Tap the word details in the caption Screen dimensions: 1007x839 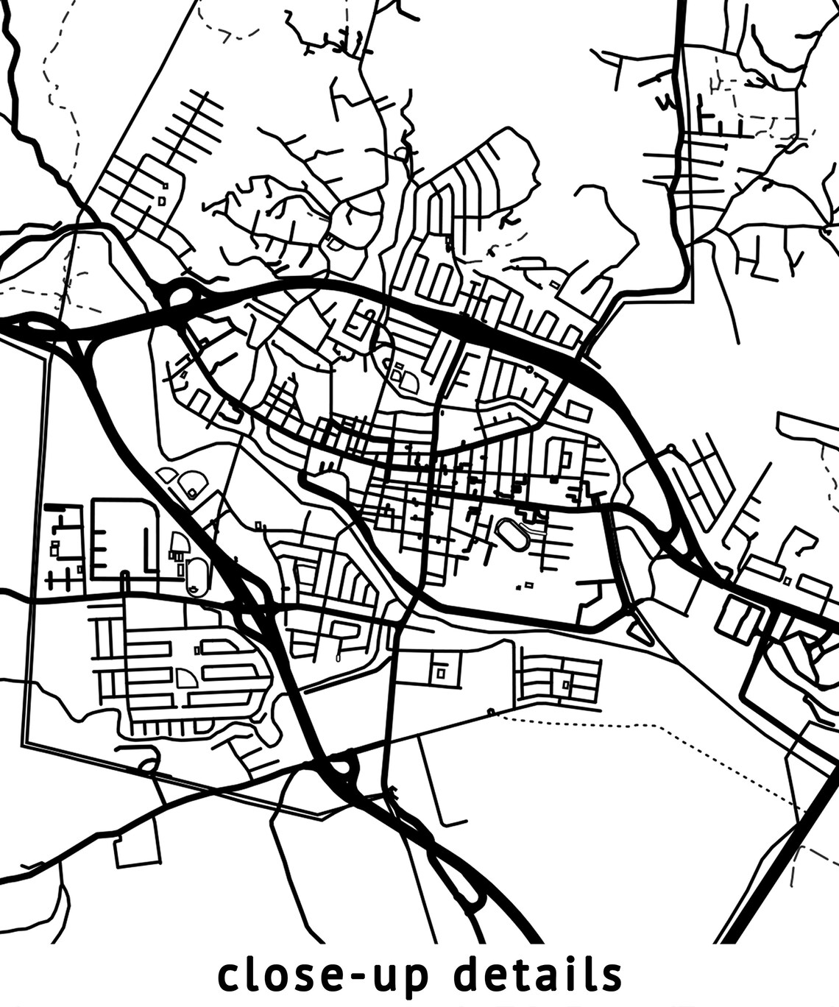[x=537, y=975]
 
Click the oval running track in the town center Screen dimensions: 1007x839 [x=512, y=535]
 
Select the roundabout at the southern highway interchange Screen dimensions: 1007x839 [x=341, y=767]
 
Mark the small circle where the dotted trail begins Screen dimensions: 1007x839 [x=491, y=711]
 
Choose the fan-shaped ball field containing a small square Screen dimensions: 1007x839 [x=193, y=483]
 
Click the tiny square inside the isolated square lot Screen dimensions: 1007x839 [x=441, y=672]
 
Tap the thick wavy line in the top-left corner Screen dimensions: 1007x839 [x=37, y=140]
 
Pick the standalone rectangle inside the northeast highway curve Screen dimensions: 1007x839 [x=578, y=411]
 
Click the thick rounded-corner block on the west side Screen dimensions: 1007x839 [x=124, y=538]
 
